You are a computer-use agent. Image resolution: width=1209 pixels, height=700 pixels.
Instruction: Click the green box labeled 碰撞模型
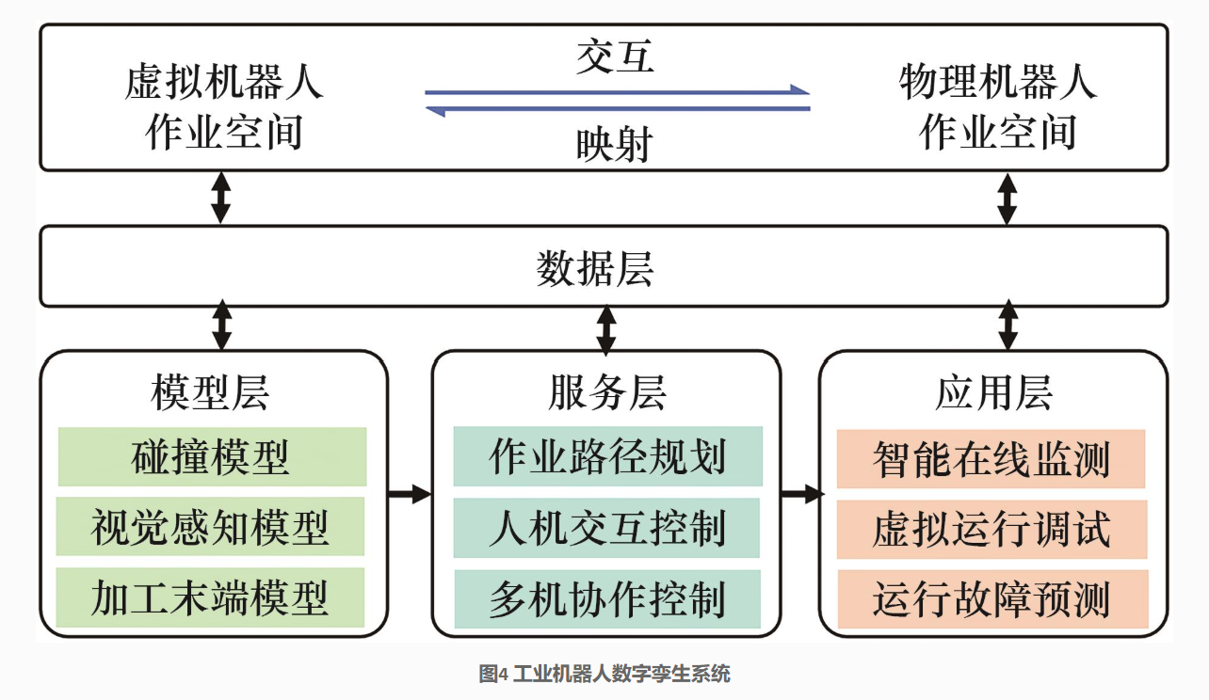[x=212, y=456]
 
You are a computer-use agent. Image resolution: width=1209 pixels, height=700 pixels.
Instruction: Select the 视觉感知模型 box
[x=211, y=526]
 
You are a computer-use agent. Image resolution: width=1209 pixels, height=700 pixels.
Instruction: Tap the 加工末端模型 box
[x=211, y=597]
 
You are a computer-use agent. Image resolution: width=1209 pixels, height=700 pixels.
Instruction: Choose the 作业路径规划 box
[x=607, y=456]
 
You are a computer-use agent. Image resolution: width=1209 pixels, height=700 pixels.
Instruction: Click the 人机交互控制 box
[x=606, y=528]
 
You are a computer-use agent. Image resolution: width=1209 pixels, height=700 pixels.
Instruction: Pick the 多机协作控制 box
[x=607, y=598]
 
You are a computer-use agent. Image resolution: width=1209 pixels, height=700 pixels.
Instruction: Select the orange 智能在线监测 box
[x=991, y=459]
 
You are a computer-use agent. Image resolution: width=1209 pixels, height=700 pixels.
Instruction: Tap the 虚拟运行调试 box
[x=992, y=529]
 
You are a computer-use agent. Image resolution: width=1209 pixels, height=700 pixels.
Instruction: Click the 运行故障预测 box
[x=993, y=599]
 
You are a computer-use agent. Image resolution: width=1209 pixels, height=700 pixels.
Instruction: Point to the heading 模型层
[x=210, y=392]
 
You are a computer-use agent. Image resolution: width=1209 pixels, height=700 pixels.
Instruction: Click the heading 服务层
[x=607, y=392]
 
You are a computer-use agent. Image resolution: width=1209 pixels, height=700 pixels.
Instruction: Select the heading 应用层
[x=993, y=392]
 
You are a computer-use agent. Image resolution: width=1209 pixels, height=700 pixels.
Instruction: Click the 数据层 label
[x=595, y=268]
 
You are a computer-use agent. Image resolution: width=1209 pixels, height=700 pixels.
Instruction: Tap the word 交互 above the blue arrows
[x=615, y=56]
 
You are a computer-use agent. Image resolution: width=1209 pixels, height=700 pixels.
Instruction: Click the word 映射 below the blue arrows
[x=615, y=145]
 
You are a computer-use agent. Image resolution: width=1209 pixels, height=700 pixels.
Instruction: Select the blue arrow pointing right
[x=617, y=91]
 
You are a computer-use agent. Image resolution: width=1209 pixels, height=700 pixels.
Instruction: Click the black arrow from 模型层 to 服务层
[x=410, y=493]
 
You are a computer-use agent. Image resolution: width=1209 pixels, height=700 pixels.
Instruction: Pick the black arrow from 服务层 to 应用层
[x=802, y=493]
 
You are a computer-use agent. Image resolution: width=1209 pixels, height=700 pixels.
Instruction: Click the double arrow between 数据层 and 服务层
[x=606, y=330]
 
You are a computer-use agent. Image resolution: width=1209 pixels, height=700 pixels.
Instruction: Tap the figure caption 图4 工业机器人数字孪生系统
[x=604, y=674]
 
